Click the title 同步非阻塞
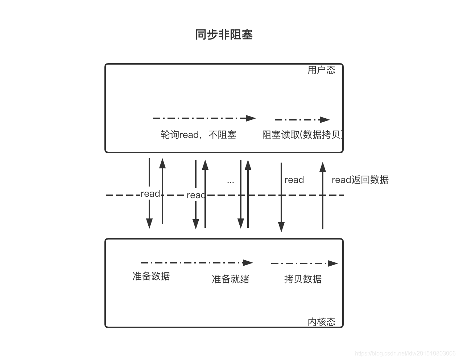tap(224, 34)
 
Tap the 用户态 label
tap(321, 70)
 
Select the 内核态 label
tap(321, 322)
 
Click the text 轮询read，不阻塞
tap(198, 135)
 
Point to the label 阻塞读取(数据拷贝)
tap(302, 135)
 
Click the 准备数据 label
tap(151, 276)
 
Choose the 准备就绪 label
tap(231, 279)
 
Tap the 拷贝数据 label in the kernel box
tap(303, 279)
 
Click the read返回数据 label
tap(360, 180)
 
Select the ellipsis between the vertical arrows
tap(231, 181)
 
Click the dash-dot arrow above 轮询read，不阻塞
tap(204, 118)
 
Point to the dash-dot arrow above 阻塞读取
tap(302, 119)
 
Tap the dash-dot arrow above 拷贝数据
tap(304, 263)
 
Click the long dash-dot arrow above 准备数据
tap(197, 262)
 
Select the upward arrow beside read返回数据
tap(323, 196)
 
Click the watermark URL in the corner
tap(405, 353)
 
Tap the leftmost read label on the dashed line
tap(150, 193)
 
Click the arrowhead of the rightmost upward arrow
tap(323, 167)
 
